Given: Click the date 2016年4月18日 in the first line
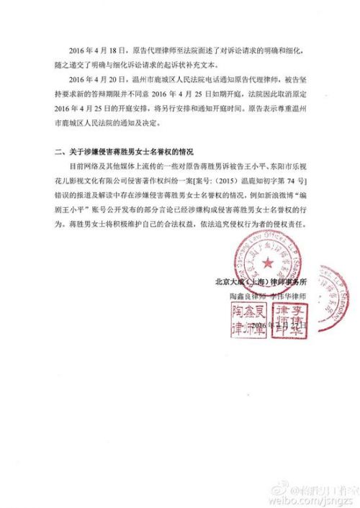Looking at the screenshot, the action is [96, 51].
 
